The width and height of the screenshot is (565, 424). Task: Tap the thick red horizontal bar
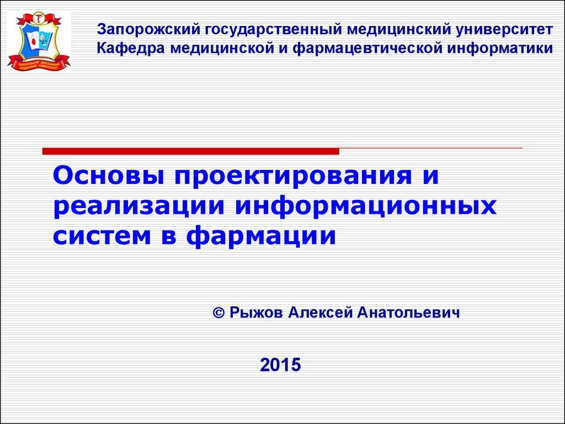click(191, 150)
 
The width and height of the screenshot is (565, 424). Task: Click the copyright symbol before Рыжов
click(218, 314)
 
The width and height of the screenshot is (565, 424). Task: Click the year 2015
click(279, 364)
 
